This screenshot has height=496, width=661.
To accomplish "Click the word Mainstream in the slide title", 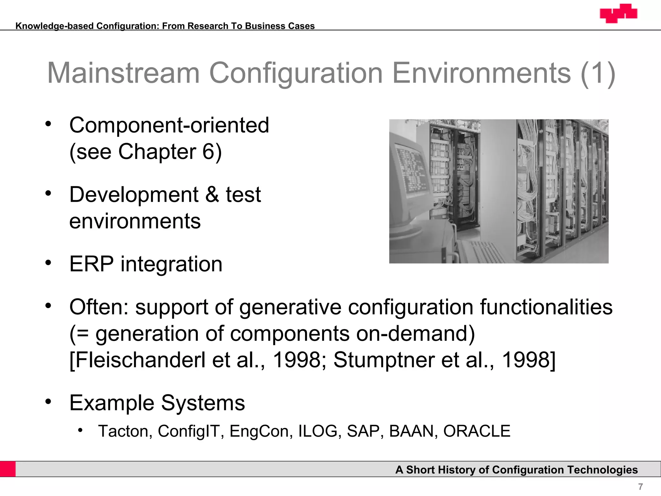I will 124,73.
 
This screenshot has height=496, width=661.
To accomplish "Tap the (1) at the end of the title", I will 598,73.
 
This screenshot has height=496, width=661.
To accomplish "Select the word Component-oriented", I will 169,125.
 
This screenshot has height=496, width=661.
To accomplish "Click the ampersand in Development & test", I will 212,195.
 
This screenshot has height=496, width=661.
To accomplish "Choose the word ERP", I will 91,264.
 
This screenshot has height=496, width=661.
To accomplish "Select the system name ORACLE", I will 477,431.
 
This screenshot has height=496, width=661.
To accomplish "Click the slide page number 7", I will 640,486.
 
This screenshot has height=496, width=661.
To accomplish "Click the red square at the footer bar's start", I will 8,469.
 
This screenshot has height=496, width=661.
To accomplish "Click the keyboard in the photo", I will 481,252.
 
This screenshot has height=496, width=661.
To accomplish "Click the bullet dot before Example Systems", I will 48,402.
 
